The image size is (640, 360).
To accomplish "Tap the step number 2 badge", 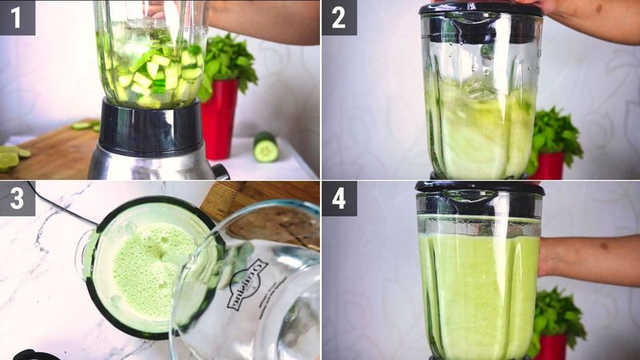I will [x=339, y=17].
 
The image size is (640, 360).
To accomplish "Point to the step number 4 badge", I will [x=339, y=198].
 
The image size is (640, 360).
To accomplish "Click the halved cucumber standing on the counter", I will [x=266, y=147].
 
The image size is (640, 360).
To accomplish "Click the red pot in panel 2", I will [x=549, y=166].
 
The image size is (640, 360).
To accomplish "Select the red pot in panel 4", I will [x=552, y=346].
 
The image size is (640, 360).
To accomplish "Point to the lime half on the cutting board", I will [x=9, y=160].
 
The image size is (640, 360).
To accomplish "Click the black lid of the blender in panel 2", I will [x=480, y=10].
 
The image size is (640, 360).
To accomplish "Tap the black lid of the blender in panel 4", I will [x=479, y=189].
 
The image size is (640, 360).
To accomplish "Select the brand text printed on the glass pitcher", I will [x=243, y=284].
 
